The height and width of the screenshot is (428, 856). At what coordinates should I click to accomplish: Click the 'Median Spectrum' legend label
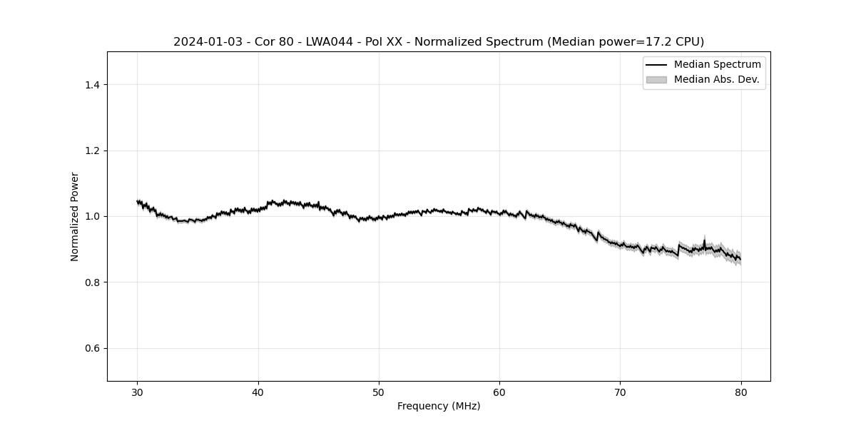click(x=717, y=65)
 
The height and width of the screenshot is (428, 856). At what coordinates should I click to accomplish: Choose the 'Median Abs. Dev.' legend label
click(x=716, y=79)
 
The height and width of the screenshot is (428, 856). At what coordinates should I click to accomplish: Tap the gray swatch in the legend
click(x=656, y=80)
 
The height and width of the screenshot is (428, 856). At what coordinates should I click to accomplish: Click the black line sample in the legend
click(x=656, y=65)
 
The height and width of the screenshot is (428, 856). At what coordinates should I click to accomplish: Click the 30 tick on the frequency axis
click(x=138, y=392)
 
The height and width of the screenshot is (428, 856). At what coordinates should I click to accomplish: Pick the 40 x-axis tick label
click(x=258, y=392)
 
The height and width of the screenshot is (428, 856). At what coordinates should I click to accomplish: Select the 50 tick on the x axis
click(x=379, y=392)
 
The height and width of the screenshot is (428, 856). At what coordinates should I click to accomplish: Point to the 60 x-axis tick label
click(x=499, y=392)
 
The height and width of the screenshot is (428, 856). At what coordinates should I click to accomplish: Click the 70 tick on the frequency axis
click(x=620, y=392)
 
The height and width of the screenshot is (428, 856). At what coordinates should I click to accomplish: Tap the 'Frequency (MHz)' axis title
click(x=439, y=407)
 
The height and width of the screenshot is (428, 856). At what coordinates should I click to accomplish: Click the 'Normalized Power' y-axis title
click(x=75, y=216)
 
